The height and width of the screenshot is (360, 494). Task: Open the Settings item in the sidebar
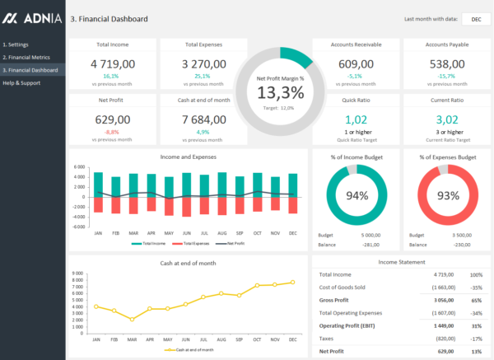[x=16, y=44]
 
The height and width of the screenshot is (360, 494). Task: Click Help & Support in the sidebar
[x=23, y=83]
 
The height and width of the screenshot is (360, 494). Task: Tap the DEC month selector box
[x=476, y=19]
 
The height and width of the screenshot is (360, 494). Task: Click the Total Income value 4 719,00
[x=112, y=63]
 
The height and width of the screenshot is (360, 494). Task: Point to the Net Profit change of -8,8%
[x=112, y=132]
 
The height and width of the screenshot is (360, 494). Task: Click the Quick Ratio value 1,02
[x=357, y=120]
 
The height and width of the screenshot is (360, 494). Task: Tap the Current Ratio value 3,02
[x=446, y=120]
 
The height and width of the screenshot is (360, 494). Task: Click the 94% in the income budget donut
[x=357, y=196]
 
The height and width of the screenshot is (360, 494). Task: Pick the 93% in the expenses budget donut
[x=448, y=196]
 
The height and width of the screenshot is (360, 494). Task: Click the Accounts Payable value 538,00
[x=446, y=63]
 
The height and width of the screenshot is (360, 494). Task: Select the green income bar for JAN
[x=99, y=185]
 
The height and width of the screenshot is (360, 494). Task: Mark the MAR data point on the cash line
[x=132, y=320]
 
